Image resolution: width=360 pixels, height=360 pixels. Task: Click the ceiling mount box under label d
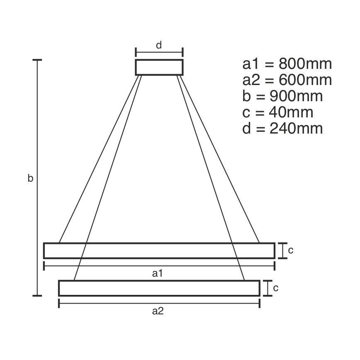[x=159, y=67]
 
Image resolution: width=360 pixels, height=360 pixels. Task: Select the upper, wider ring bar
[x=159, y=251]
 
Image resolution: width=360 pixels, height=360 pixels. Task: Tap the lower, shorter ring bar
[x=159, y=288]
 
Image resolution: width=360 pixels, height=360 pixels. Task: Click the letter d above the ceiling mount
[x=159, y=45]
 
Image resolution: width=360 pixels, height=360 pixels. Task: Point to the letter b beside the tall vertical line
[x=30, y=179]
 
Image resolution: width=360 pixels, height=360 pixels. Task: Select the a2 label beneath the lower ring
[x=158, y=311]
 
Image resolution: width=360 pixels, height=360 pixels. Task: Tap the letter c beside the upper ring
[x=291, y=250]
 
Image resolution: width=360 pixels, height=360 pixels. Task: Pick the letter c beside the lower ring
[x=275, y=288]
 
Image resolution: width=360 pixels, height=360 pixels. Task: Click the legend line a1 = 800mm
[x=287, y=64]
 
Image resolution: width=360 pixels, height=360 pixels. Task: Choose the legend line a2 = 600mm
[x=287, y=80]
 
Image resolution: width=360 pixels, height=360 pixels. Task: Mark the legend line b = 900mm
[x=282, y=96]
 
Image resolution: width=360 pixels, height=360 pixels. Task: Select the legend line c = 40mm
[x=277, y=112]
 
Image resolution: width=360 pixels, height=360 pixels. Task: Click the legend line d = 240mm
[x=282, y=128]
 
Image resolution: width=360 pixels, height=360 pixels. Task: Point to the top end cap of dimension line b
[x=38, y=61]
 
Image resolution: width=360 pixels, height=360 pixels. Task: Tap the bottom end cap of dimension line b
[x=38, y=296]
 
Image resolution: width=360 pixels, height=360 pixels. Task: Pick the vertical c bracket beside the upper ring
[x=283, y=251]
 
